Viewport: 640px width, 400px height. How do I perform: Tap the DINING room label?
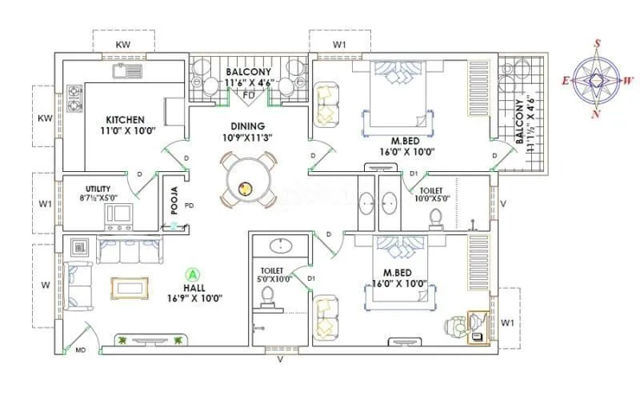pyautogui.click(x=248, y=126)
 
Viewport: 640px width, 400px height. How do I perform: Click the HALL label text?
pyautogui.click(x=194, y=286)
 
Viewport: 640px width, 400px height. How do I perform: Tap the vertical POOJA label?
pyautogui.click(x=174, y=204)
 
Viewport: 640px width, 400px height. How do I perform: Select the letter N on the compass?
pyautogui.click(x=594, y=114)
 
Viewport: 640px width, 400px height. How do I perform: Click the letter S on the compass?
pyautogui.click(x=597, y=44)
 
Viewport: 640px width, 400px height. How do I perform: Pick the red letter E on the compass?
pyautogui.click(x=565, y=80)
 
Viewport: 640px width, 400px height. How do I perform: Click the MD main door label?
pyautogui.click(x=80, y=350)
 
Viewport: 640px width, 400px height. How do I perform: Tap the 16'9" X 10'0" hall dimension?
pyautogui.click(x=194, y=298)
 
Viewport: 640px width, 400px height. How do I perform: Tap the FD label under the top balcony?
pyautogui.click(x=249, y=94)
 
